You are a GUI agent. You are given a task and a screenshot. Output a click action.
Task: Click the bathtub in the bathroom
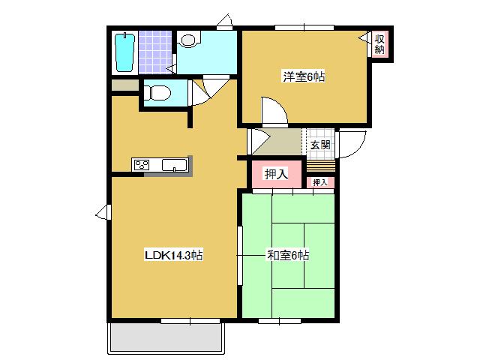pos(125,52)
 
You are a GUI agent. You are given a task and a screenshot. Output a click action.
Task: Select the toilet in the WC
pos(157,93)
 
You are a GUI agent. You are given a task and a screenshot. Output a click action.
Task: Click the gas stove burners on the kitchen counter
pos(142,165)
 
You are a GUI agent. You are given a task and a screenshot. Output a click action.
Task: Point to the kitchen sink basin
pos(175,165)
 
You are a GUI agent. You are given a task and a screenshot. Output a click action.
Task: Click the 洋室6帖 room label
pos(304,76)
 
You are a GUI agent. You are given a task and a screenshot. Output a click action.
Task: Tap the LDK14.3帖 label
pos(173,255)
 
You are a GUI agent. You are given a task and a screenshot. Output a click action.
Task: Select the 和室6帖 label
pos(288,255)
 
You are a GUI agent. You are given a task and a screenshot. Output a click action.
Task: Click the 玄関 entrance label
pos(320,145)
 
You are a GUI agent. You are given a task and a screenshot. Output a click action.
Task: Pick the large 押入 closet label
pos(277,174)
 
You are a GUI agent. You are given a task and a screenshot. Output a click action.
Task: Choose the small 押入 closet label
pos(320,182)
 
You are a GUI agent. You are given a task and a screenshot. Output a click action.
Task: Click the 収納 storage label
pos(379,44)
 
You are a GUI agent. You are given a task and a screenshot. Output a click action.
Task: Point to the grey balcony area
pos(166,337)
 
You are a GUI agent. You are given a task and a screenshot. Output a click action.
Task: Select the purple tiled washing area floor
pos(154,52)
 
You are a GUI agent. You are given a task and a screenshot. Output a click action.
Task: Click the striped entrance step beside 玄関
pos(320,166)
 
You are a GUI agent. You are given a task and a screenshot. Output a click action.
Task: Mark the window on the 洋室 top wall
pos(304,28)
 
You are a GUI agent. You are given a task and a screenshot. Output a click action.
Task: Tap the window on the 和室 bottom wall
pos(280,321)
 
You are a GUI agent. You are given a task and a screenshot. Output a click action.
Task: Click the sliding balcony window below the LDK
pos(190,321)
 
